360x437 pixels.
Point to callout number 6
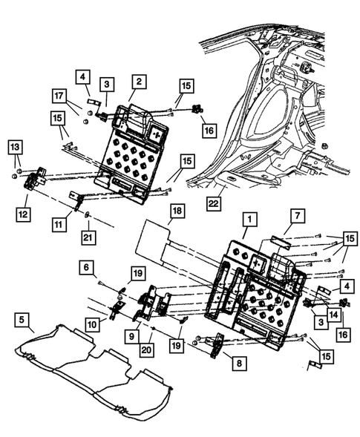click(87, 267)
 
